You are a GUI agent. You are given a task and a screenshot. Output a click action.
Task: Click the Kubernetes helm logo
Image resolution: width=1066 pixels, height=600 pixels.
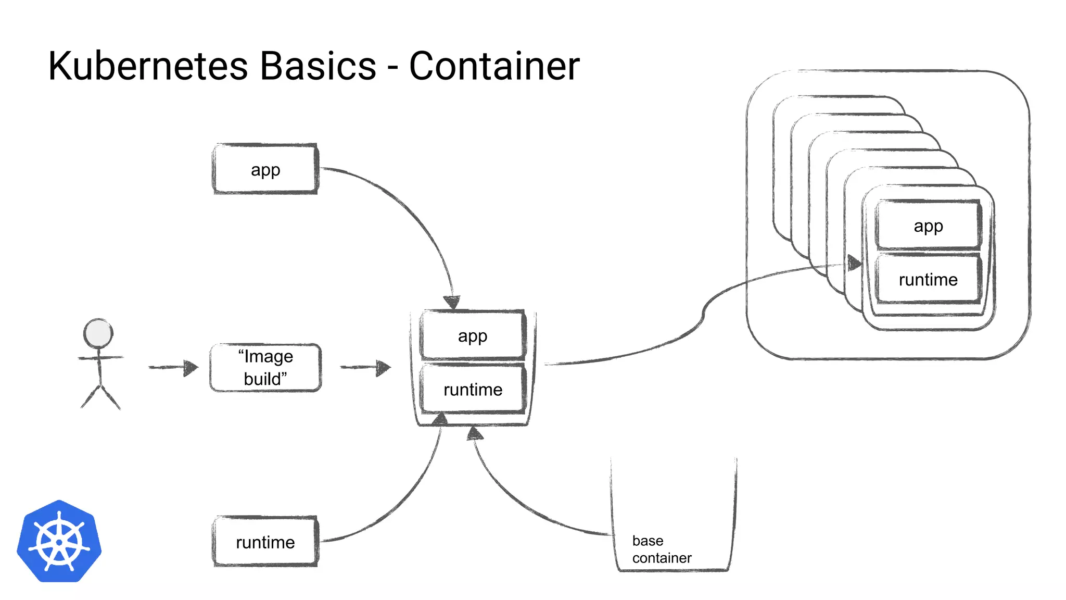(59, 542)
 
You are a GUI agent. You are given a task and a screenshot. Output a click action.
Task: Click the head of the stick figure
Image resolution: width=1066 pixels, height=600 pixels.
(98, 333)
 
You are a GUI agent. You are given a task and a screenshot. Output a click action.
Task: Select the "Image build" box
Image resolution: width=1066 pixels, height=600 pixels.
(265, 368)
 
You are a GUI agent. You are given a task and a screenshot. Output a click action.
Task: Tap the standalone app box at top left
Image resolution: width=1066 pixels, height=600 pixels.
(265, 170)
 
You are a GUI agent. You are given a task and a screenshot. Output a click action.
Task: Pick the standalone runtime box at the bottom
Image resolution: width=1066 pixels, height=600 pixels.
(265, 542)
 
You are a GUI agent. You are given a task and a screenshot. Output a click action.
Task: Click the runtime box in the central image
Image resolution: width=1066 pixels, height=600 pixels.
(473, 390)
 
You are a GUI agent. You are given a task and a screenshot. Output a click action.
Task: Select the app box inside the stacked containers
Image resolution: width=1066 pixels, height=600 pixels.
(928, 226)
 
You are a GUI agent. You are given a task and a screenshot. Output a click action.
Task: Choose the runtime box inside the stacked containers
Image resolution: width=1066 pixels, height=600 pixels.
(928, 280)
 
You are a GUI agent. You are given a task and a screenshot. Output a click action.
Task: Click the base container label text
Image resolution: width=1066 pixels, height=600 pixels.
(661, 549)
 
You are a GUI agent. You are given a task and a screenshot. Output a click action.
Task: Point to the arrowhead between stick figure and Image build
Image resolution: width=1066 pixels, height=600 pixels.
(191, 368)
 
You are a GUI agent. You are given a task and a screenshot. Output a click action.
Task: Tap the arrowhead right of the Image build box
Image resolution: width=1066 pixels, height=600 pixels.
(384, 368)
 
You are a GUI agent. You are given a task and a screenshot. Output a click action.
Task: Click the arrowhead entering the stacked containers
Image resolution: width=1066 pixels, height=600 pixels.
(854, 263)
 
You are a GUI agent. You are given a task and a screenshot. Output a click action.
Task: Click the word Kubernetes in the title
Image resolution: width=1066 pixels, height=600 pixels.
(148, 66)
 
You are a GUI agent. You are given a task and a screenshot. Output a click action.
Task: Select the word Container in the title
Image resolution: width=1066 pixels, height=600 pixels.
(494, 66)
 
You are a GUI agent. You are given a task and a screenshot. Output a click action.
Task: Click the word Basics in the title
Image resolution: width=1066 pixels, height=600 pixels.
(318, 66)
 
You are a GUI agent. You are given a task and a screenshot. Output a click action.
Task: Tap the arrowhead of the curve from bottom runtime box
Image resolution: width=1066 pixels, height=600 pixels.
(441, 418)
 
